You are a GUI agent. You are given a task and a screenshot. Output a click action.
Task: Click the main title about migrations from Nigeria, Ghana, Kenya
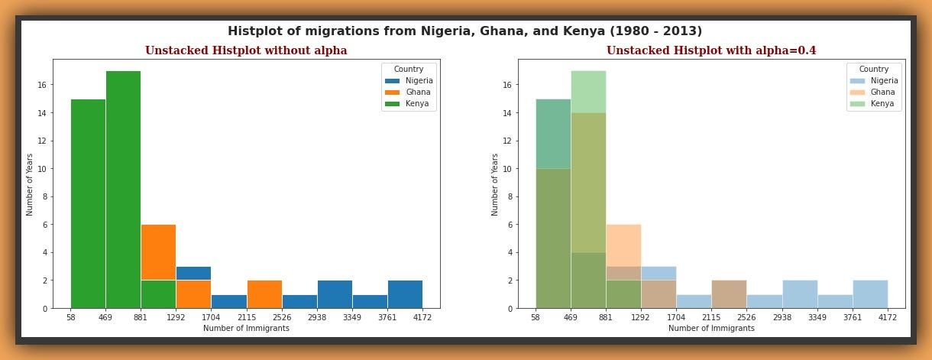coord(464,31)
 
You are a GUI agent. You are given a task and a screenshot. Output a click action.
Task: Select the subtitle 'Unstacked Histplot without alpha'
coord(246,50)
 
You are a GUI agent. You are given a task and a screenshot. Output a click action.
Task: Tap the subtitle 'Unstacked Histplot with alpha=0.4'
coord(710,50)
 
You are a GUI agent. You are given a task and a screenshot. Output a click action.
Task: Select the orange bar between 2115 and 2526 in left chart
coord(264,294)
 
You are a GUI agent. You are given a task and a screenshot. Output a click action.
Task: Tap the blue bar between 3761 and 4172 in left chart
coord(405,294)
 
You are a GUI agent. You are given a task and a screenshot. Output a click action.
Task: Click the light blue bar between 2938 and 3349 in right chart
coord(800,294)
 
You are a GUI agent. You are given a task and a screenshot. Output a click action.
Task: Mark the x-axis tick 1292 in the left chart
coord(176,318)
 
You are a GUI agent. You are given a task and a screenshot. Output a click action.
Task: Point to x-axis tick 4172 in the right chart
coord(888,318)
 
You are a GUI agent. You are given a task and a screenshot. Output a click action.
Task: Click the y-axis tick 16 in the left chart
coord(44,86)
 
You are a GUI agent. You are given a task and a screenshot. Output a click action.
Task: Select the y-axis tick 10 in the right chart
coord(509,169)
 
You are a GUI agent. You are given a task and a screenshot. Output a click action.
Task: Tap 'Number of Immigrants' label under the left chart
coord(246,329)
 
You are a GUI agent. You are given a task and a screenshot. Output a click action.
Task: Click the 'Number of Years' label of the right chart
coord(495,184)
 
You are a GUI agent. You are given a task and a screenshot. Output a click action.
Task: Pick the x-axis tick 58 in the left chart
coord(70,318)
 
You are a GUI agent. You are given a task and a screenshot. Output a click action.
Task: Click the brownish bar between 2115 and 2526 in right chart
coord(729,294)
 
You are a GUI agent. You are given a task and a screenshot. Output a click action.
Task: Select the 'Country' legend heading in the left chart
coord(409,70)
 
